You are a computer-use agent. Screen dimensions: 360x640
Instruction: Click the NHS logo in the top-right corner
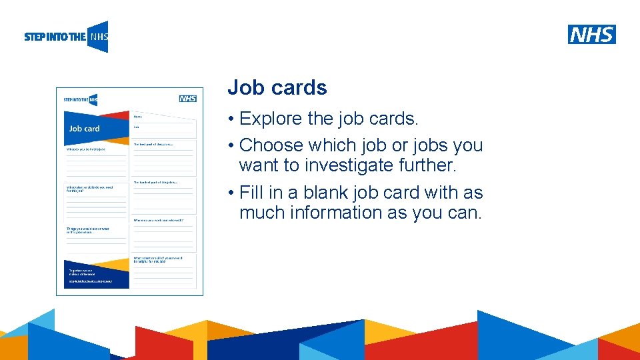tap(591, 34)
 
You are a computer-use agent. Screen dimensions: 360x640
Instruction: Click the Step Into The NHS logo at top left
tap(66, 37)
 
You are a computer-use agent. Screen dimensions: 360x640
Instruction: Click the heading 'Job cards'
tap(277, 87)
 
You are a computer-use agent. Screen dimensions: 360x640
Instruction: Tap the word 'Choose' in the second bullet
tap(271, 145)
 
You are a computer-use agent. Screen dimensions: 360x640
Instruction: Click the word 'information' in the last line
tap(339, 213)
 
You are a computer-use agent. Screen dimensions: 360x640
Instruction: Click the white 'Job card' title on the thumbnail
tap(84, 129)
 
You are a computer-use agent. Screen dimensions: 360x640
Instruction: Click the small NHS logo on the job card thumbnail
tap(188, 99)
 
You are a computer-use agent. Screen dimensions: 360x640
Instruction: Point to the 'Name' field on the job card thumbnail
tap(138, 117)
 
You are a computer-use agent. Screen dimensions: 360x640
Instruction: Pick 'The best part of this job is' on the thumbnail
tap(154, 144)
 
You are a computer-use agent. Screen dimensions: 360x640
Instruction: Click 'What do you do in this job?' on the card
tap(86, 149)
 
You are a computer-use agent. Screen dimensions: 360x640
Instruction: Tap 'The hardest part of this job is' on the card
tap(155, 182)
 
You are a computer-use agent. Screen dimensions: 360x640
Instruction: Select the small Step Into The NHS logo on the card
tap(81, 99)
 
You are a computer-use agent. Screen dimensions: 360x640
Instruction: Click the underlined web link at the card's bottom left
tap(91, 281)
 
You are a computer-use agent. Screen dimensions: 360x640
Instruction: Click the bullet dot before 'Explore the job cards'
tap(229, 119)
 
